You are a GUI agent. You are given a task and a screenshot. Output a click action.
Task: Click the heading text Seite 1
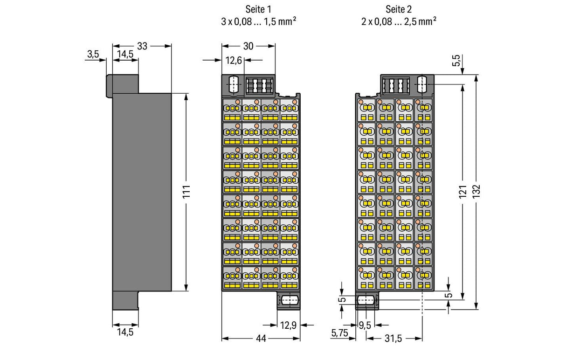(x=258, y=9)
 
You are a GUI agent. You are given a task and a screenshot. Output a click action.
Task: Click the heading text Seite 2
(x=399, y=9)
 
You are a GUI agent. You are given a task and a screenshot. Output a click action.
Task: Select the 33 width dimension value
(x=142, y=46)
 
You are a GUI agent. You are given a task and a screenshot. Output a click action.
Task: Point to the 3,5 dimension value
(x=93, y=54)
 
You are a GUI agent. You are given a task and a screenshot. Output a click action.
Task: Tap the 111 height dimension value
(x=186, y=192)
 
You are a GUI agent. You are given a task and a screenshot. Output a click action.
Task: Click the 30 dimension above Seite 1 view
(x=248, y=46)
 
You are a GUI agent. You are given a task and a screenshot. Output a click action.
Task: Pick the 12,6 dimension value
(x=234, y=61)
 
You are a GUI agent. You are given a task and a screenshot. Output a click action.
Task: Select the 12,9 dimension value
(x=288, y=325)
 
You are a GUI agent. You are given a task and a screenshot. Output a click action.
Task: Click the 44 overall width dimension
(x=261, y=339)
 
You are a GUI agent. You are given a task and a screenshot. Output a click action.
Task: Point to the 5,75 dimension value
(x=339, y=333)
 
